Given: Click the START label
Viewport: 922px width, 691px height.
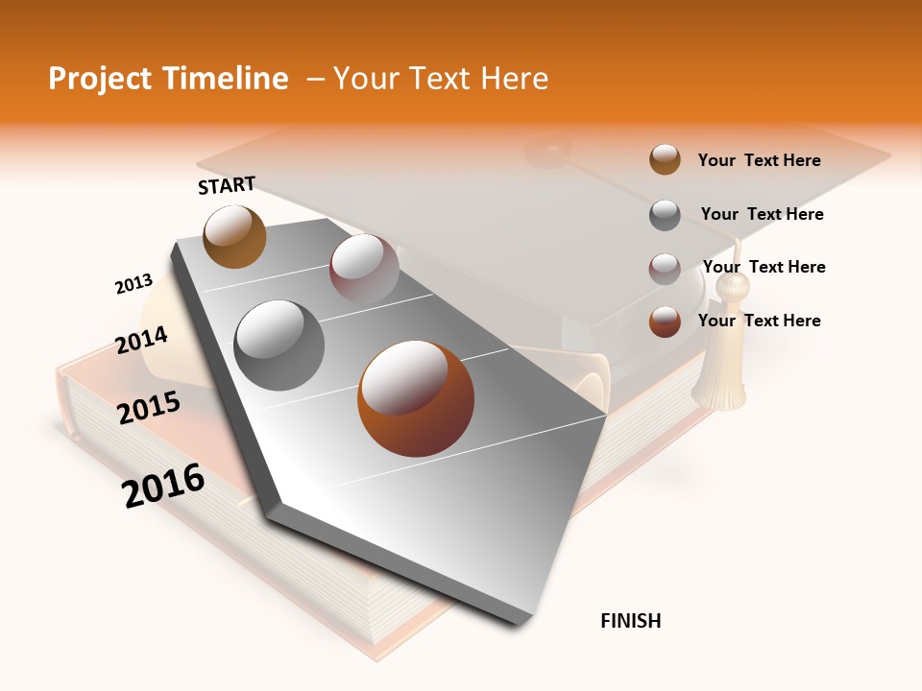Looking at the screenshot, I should [227, 185].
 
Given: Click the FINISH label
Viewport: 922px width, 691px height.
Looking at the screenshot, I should [631, 621].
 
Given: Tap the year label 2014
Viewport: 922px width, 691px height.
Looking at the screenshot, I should [141, 340].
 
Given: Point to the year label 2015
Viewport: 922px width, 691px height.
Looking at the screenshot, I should [149, 408].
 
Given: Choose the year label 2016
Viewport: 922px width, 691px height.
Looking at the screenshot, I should [163, 485].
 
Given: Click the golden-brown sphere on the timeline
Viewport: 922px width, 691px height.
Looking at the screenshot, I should [234, 236].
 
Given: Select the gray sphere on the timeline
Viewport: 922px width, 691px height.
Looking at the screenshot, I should [279, 345].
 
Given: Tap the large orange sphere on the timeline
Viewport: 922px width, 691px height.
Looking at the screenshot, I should [415, 397].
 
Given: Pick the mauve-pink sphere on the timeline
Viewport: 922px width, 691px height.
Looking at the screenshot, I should [364, 268].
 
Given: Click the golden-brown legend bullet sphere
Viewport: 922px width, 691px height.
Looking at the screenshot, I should [665, 159].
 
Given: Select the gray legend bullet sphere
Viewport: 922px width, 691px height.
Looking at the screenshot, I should [665, 215].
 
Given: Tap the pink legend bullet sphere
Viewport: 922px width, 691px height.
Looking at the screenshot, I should [665, 268].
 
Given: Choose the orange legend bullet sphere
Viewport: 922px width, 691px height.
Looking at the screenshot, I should [665, 322].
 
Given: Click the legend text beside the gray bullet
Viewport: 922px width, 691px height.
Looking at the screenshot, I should [762, 214].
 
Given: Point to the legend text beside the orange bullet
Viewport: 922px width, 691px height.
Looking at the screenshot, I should [759, 321].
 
